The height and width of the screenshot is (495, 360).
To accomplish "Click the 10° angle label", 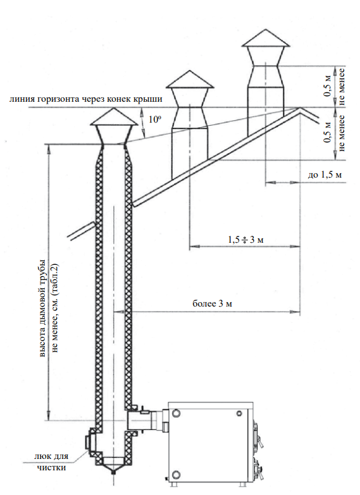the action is pos(155,119).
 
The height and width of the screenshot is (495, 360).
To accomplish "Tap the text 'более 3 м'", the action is pos(212,303).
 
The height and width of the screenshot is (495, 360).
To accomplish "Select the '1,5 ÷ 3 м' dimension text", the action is pos(245,240).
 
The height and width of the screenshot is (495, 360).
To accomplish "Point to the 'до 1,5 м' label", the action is pos(325,174).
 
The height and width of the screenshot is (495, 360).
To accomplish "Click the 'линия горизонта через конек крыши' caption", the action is pos(86,99).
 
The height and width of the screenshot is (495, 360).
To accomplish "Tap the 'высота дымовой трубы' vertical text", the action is pos(42,309).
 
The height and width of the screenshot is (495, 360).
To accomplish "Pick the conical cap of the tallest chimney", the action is pos(266,38).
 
